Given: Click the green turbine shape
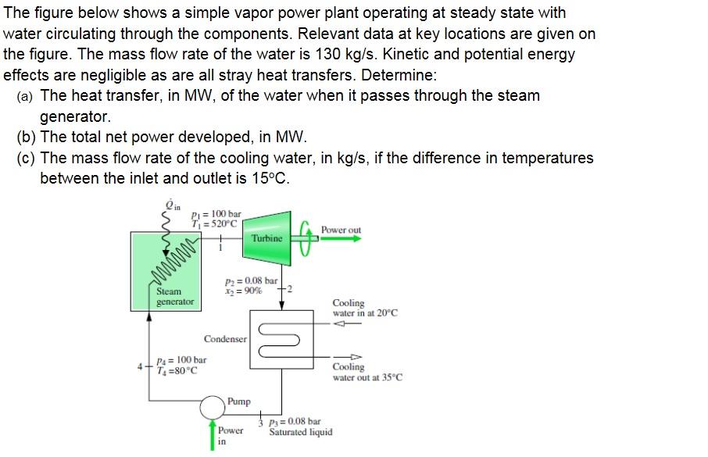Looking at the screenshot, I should (267, 235).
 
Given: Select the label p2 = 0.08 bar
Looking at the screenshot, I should (250, 280).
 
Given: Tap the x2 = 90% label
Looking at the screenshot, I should (243, 291).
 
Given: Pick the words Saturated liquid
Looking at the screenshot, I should (301, 432).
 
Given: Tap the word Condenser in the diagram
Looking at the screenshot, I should (225, 339).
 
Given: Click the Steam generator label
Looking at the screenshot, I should (175, 296).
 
